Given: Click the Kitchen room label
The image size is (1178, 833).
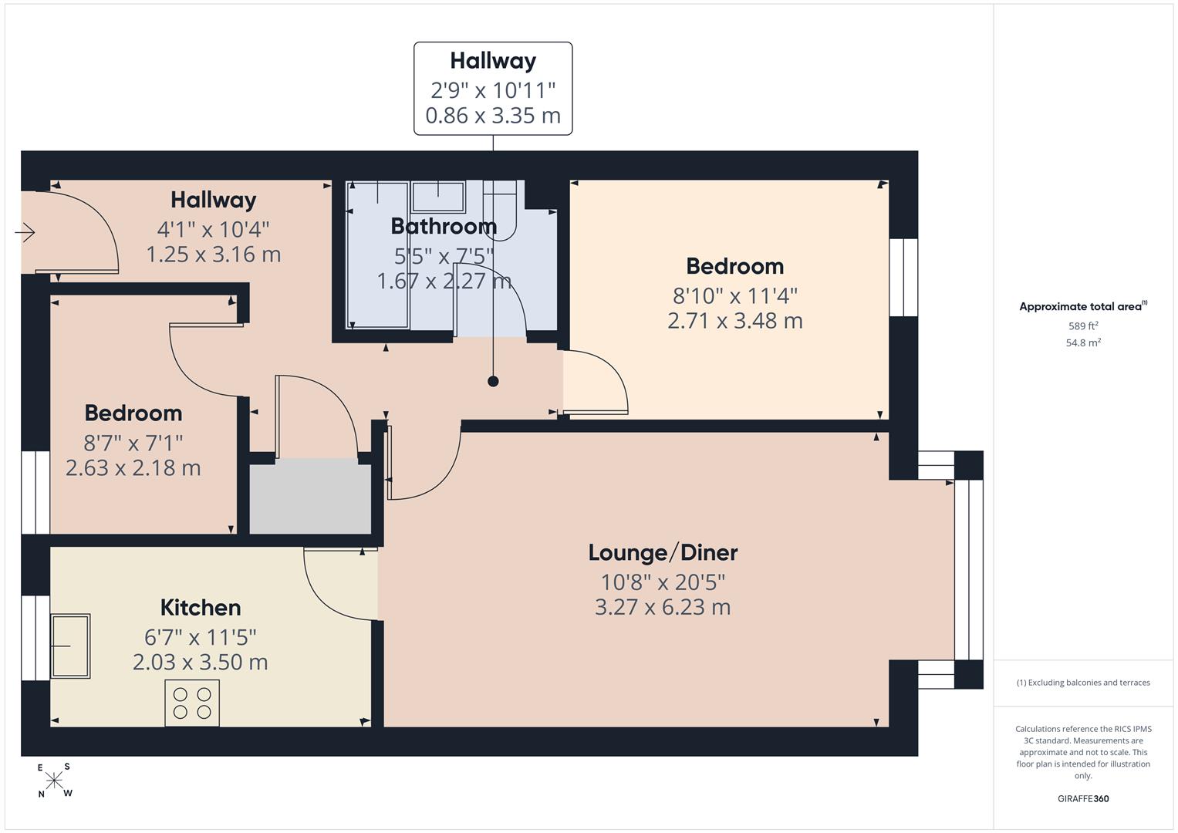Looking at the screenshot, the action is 201,608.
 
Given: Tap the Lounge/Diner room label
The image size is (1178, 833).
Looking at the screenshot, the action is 663,552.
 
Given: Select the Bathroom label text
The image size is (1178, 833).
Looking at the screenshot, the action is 444,226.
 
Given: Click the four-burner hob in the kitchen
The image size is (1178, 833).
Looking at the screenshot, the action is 192,703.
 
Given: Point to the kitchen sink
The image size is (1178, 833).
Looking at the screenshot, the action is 70,646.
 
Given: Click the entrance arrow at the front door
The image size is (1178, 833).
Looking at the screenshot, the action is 25,232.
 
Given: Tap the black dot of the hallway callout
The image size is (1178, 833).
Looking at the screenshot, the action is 493,381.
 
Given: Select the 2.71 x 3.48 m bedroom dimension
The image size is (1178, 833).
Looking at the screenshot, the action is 734,321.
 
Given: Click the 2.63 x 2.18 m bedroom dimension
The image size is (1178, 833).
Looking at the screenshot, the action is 133,468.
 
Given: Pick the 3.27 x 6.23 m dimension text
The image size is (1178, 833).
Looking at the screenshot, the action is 663,608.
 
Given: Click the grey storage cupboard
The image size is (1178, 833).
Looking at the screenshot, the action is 310,497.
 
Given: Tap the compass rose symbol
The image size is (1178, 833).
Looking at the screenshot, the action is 54,781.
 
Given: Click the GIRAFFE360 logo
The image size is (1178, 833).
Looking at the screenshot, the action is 1083,798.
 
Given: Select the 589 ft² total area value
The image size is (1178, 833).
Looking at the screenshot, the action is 1083,325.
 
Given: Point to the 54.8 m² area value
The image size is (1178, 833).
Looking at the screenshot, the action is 1083,342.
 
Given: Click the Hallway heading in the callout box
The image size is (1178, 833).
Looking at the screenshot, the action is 493,60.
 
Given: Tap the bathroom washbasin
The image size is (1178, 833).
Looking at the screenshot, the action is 438,197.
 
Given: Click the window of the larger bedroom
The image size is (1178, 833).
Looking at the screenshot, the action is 903,277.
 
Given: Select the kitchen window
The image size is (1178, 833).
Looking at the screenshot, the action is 35,638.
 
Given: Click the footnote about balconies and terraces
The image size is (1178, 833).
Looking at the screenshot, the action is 1083,683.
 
